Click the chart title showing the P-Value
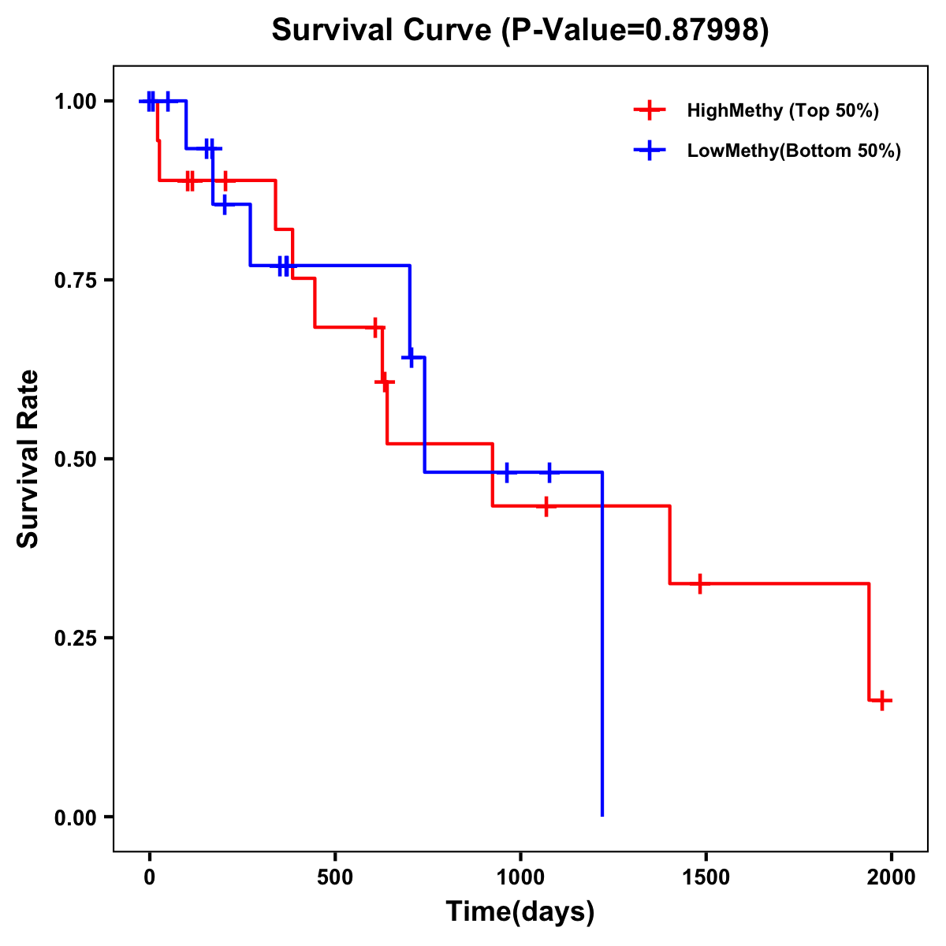[x=520, y=30]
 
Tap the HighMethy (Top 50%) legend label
[x=783, y=110]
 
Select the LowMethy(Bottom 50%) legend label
[x=794, y=151]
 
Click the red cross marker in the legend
[x=649, y=110]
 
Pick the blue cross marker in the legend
[x=649, y=151]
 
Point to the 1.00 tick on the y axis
[x=75, y=102]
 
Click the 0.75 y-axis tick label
[x=75, y=281]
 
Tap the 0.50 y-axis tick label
[x=75, y=460]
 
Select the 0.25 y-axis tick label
[x=75, y=639]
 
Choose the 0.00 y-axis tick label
[x=75, y=818]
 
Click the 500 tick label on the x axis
[x=335, y=877]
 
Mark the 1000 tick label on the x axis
[x=520, y=877]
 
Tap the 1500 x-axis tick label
[x=706, y=877]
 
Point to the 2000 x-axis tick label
[x=891, y=877]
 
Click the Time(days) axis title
[x=520, y=911]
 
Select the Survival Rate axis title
[x=28, y=459]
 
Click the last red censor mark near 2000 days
[x=882, y=700]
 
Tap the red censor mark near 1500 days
[x=699, y=583]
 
